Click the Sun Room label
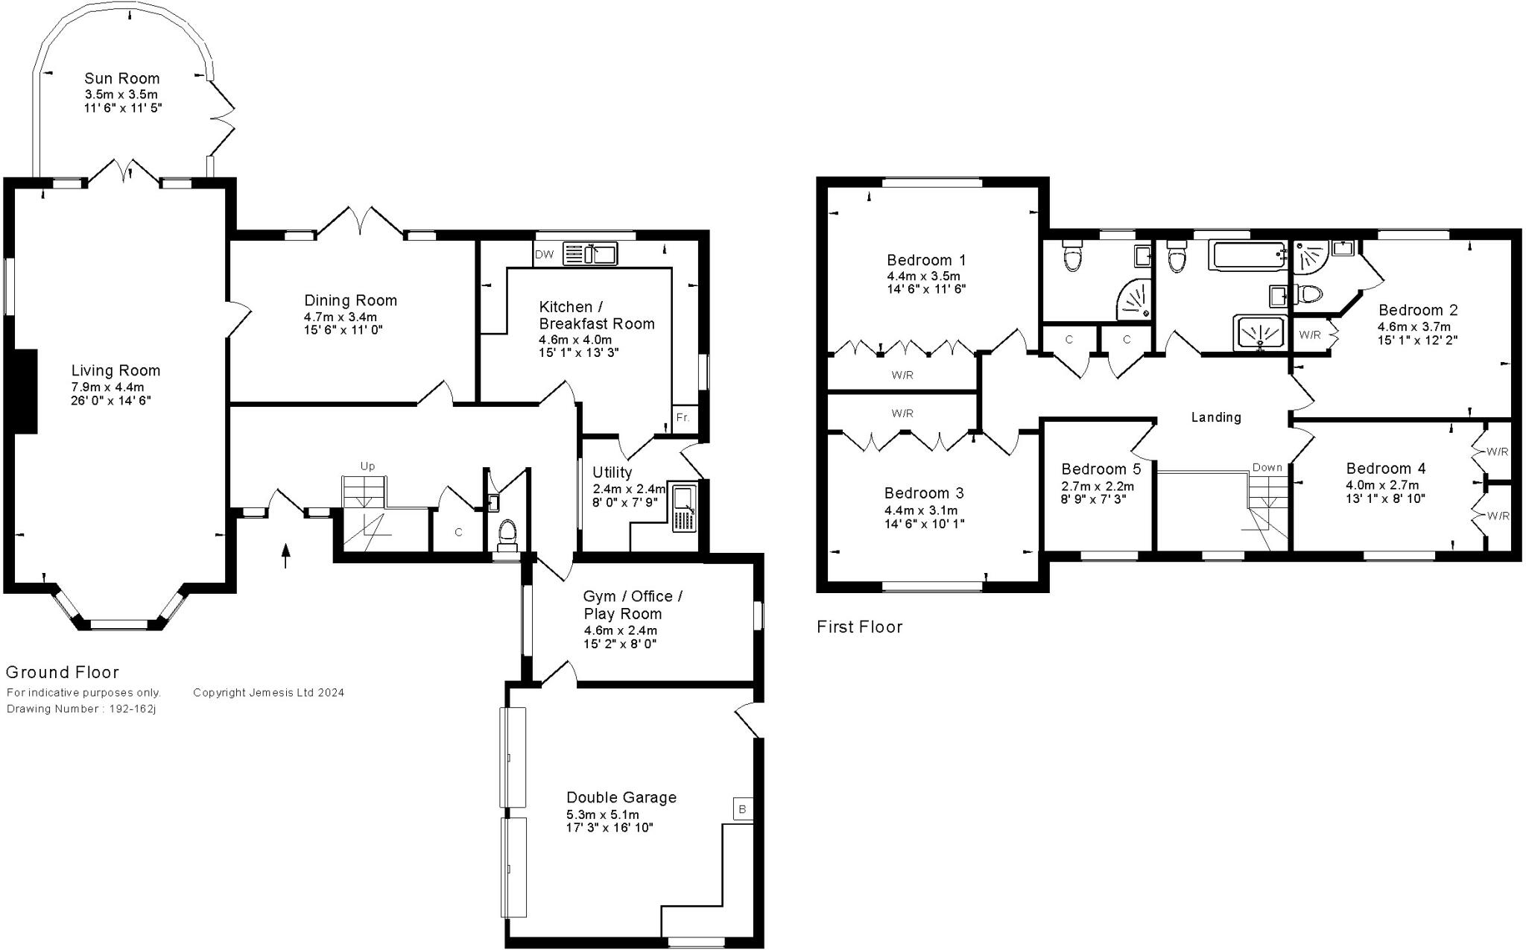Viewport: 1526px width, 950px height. [x=121, y=78]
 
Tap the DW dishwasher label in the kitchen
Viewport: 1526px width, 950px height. [x=545, y=255]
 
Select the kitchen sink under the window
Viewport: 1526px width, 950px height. [x=589, y=254]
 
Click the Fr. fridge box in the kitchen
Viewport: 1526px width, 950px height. [x=683, y=417]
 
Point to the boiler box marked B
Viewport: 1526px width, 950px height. [x=742, y=809]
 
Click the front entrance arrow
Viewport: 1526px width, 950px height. [x=285, y=556]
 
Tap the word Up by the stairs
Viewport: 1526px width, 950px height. [x=367, y=466]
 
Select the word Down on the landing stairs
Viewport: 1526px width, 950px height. [x=1267, y=467]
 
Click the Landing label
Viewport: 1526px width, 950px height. [x=1216, y=417]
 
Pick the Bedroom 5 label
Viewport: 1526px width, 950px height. [x=1101, y=469]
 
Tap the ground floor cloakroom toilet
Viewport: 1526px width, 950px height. [x=507, y=532]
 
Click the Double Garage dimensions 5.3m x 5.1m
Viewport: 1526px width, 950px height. [x=602, y=814]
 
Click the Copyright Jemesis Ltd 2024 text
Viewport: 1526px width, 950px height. [x=268, y=692]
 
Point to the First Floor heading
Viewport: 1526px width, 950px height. [x=859, y=627]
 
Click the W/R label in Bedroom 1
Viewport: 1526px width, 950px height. [x=902, y=376]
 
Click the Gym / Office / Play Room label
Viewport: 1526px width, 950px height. [x=633, y=605]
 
